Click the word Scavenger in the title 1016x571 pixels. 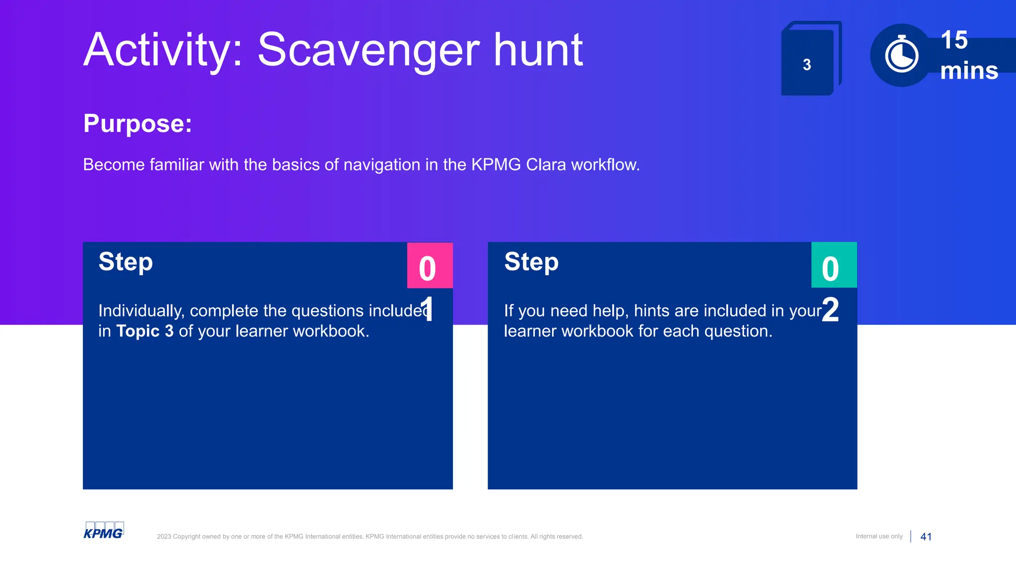[369, 51]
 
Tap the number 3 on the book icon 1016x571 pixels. [807, 65]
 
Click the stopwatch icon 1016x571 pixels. [901, 56]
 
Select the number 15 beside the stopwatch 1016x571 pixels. [954, 40]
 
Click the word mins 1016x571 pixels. [969, 71]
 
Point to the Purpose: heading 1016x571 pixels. [137, 123]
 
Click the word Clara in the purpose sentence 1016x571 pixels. [546, 165]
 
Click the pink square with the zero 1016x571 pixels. [430, 266]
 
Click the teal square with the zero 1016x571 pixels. [834, 266]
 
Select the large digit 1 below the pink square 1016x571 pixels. [427, 309]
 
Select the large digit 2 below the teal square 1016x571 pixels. [830, 310]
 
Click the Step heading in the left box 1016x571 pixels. [126, 262]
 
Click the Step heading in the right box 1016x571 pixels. [531, 262]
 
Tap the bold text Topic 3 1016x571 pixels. [145, 331]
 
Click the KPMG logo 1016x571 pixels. [103, 531]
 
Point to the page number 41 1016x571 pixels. [926, 537]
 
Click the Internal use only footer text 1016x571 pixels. [879, 536]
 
